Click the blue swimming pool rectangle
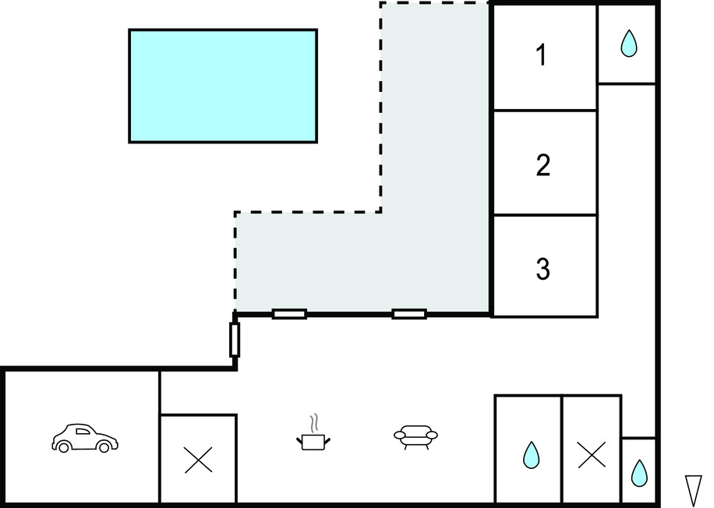tap(223, 86)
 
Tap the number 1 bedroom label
tap(541, 55)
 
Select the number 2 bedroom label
tap(543, 164)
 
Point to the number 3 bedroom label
tap(543, 268)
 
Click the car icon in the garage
tap(85, 438)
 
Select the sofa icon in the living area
tap(415, 436)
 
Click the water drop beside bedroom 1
tap(629, 44)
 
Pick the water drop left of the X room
tap(531, 455)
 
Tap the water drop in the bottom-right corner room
tap(639, 473)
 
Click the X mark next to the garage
tap(198, 460)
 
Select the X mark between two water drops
tap(592, 454)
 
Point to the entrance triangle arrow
tap(694, 490)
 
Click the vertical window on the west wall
tap(235, 340)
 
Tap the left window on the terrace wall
tap(289, 314)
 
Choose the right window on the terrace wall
tap(409, 314)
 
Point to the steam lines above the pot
tap(313, 423)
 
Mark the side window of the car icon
tap(83, 431)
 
